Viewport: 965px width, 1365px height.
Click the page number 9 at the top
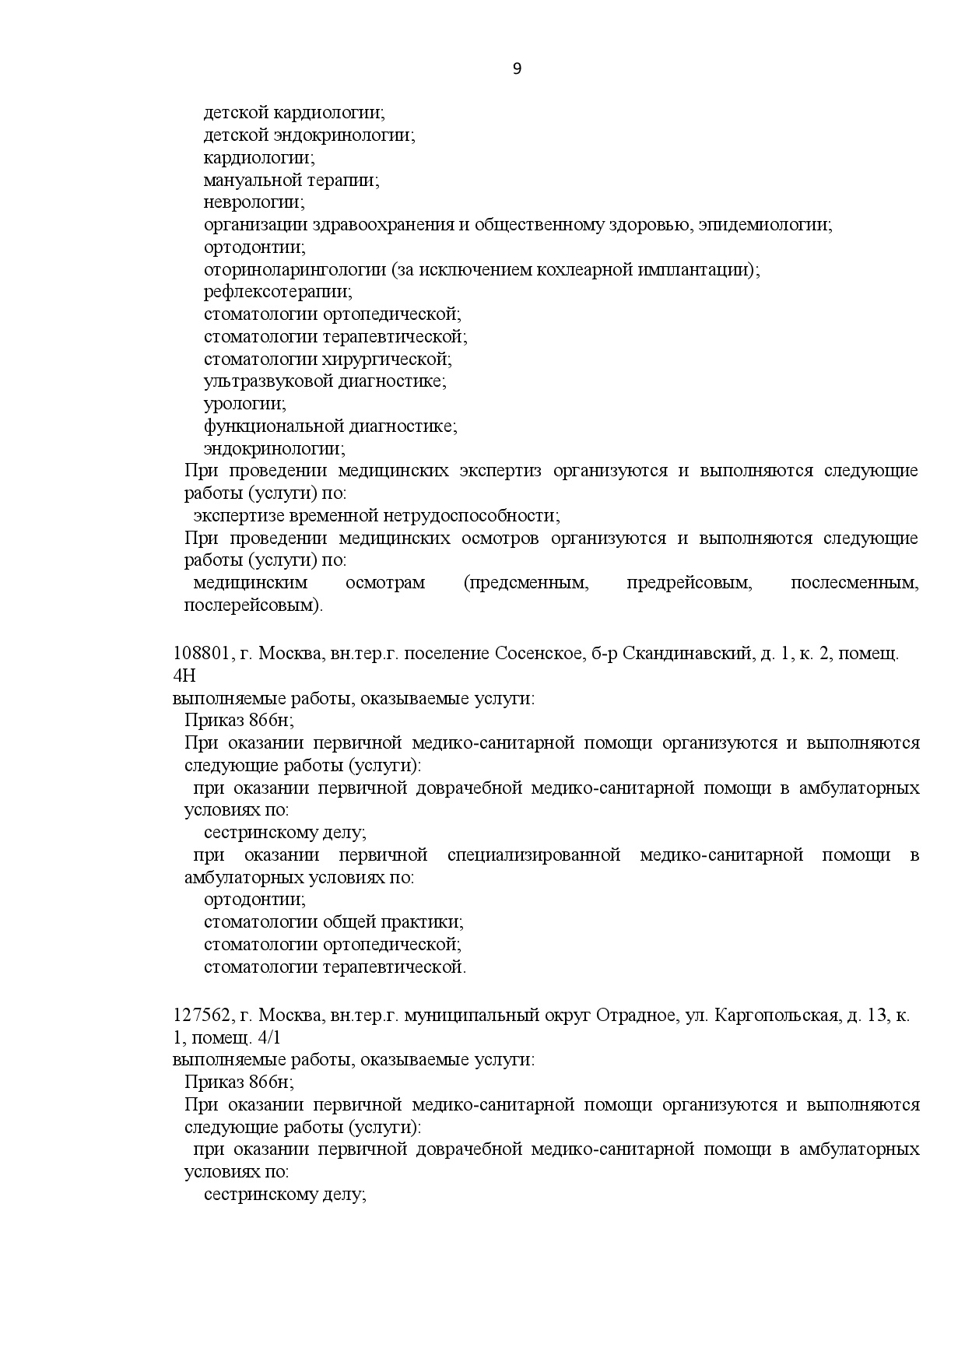518,68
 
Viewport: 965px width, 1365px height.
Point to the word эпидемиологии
765,226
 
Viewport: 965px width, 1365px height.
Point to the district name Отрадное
635,1016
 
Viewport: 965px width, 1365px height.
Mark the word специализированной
534,855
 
